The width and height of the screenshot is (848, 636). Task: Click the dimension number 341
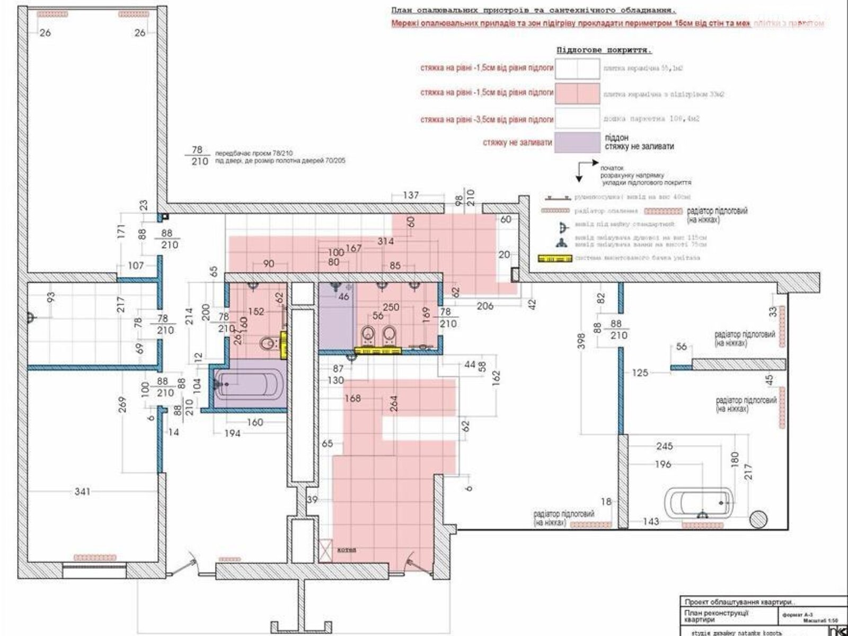82,492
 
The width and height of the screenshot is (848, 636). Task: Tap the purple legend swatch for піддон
577,143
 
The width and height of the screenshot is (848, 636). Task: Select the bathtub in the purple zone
249,383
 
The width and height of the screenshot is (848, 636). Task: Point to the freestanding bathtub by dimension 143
700,501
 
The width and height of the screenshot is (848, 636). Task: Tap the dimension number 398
582,339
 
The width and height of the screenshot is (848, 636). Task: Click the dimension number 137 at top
411,196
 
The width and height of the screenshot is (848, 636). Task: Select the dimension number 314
386,241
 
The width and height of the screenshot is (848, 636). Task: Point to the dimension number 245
664,446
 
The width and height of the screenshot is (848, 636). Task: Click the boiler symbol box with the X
325,549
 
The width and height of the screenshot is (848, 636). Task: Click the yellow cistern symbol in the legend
555,259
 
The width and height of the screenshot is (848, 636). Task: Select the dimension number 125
640,373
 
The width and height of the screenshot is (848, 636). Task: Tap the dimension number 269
122,405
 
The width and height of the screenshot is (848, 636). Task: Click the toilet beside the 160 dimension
268,344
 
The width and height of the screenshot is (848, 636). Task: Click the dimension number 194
232,434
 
